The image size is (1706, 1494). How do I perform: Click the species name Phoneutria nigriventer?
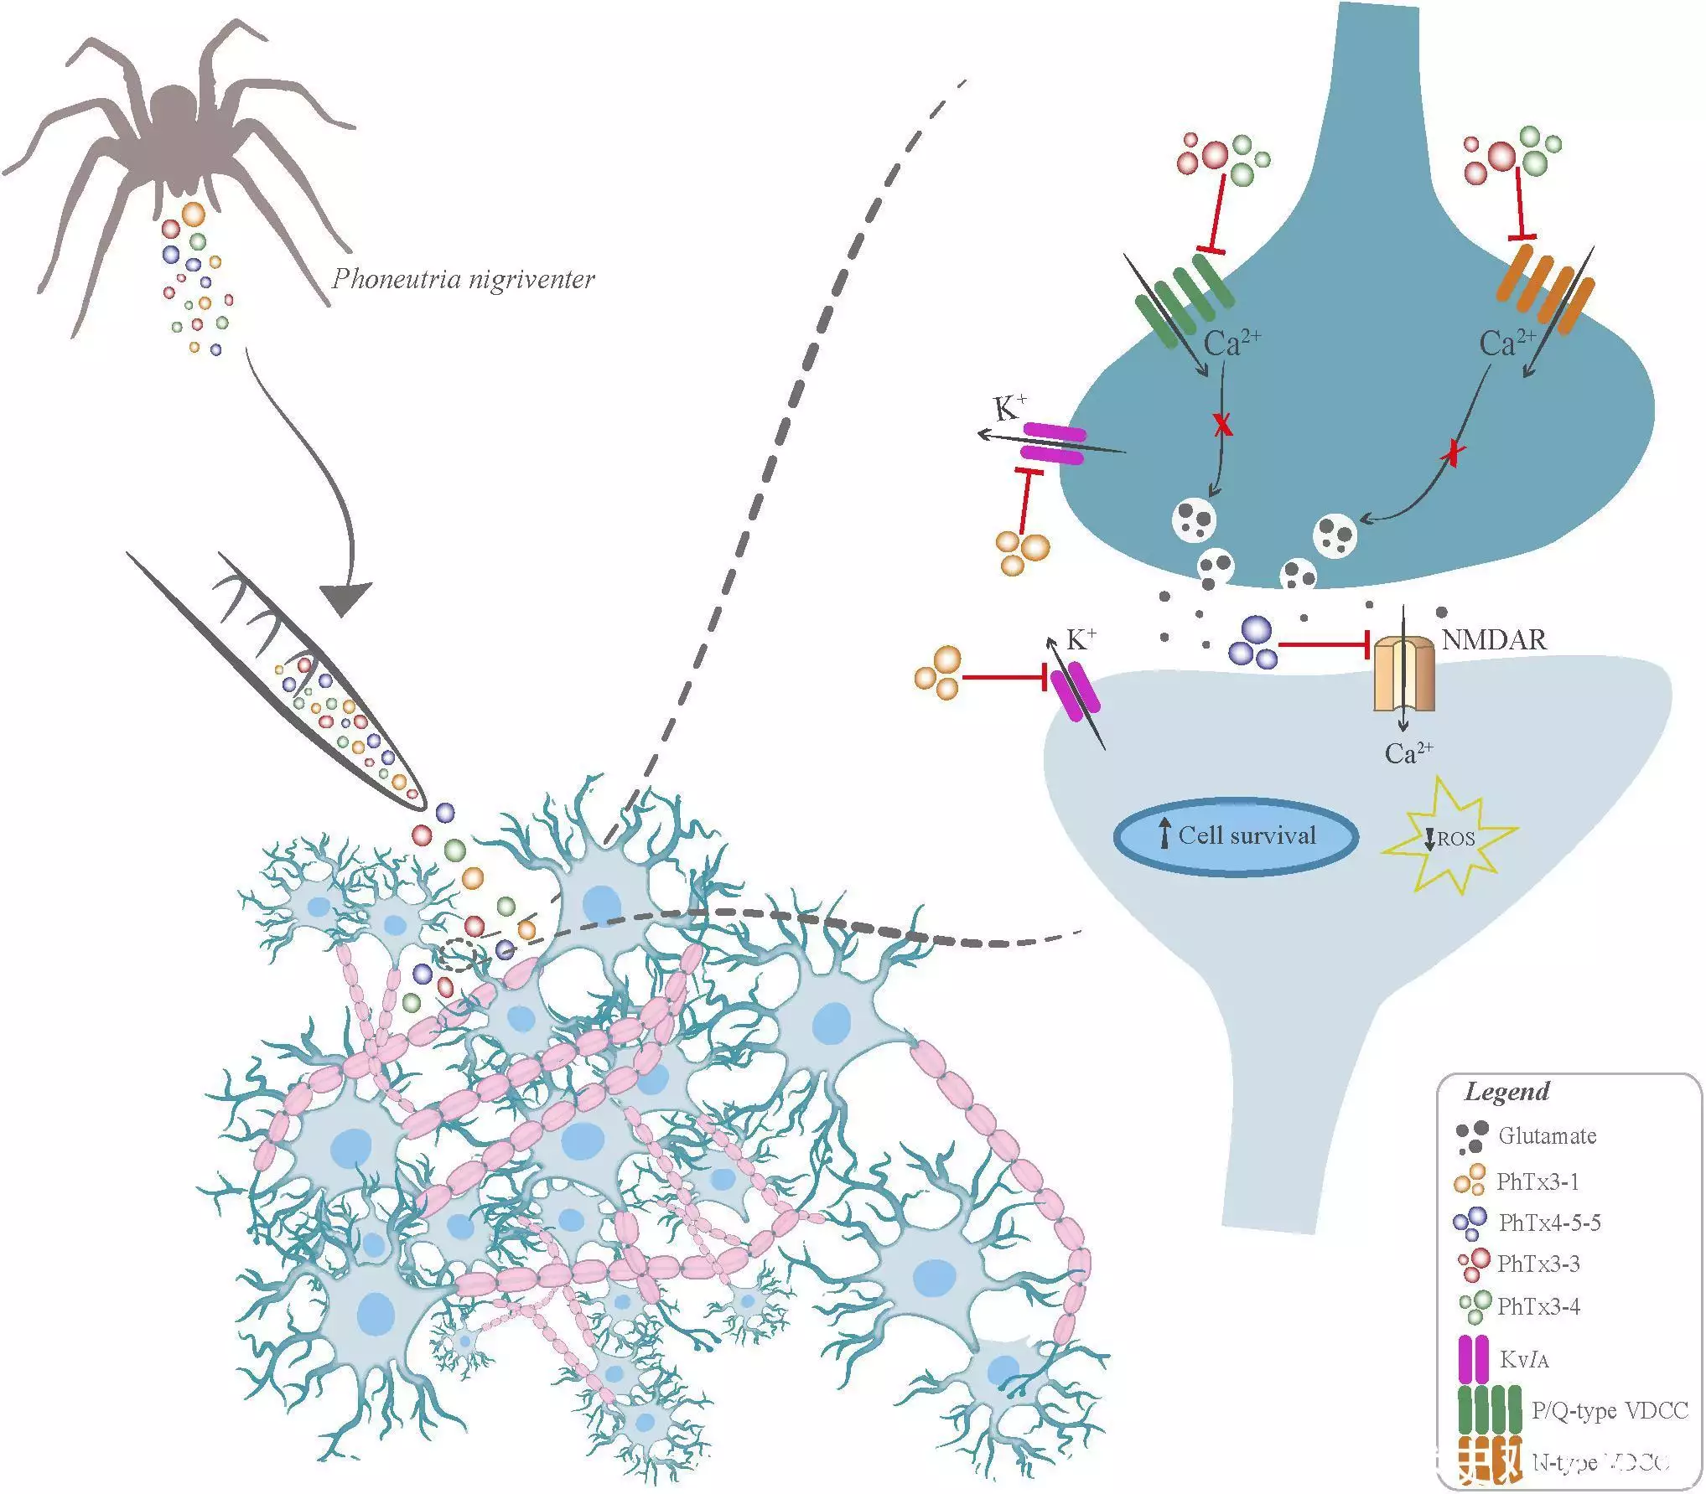tap(463, 278)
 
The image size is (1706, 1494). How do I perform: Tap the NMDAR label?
tap(1494, 639)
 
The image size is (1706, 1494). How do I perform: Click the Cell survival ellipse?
tap(1236, 836)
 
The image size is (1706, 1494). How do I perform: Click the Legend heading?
tap(1506, 1091)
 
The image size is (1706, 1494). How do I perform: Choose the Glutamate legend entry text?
tap(1548, 1136)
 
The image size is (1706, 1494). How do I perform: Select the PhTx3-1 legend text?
tap(1537, 1181)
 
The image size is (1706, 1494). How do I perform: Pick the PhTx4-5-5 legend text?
tap(1549, 1223)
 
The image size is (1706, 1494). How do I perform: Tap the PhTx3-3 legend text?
tap(1538, 1264)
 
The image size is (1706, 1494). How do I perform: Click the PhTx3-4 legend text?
tap(1538, 1305)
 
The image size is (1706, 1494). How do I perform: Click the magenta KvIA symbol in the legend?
tap(1472, 1358)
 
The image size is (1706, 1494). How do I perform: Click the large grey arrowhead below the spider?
tap(344, 597)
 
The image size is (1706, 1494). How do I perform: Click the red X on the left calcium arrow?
tap(1223, 427)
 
